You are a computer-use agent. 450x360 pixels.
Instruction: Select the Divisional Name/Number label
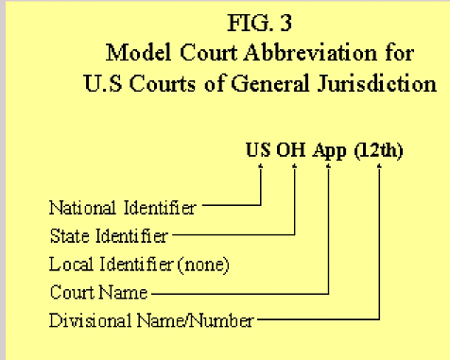[150, 320]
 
